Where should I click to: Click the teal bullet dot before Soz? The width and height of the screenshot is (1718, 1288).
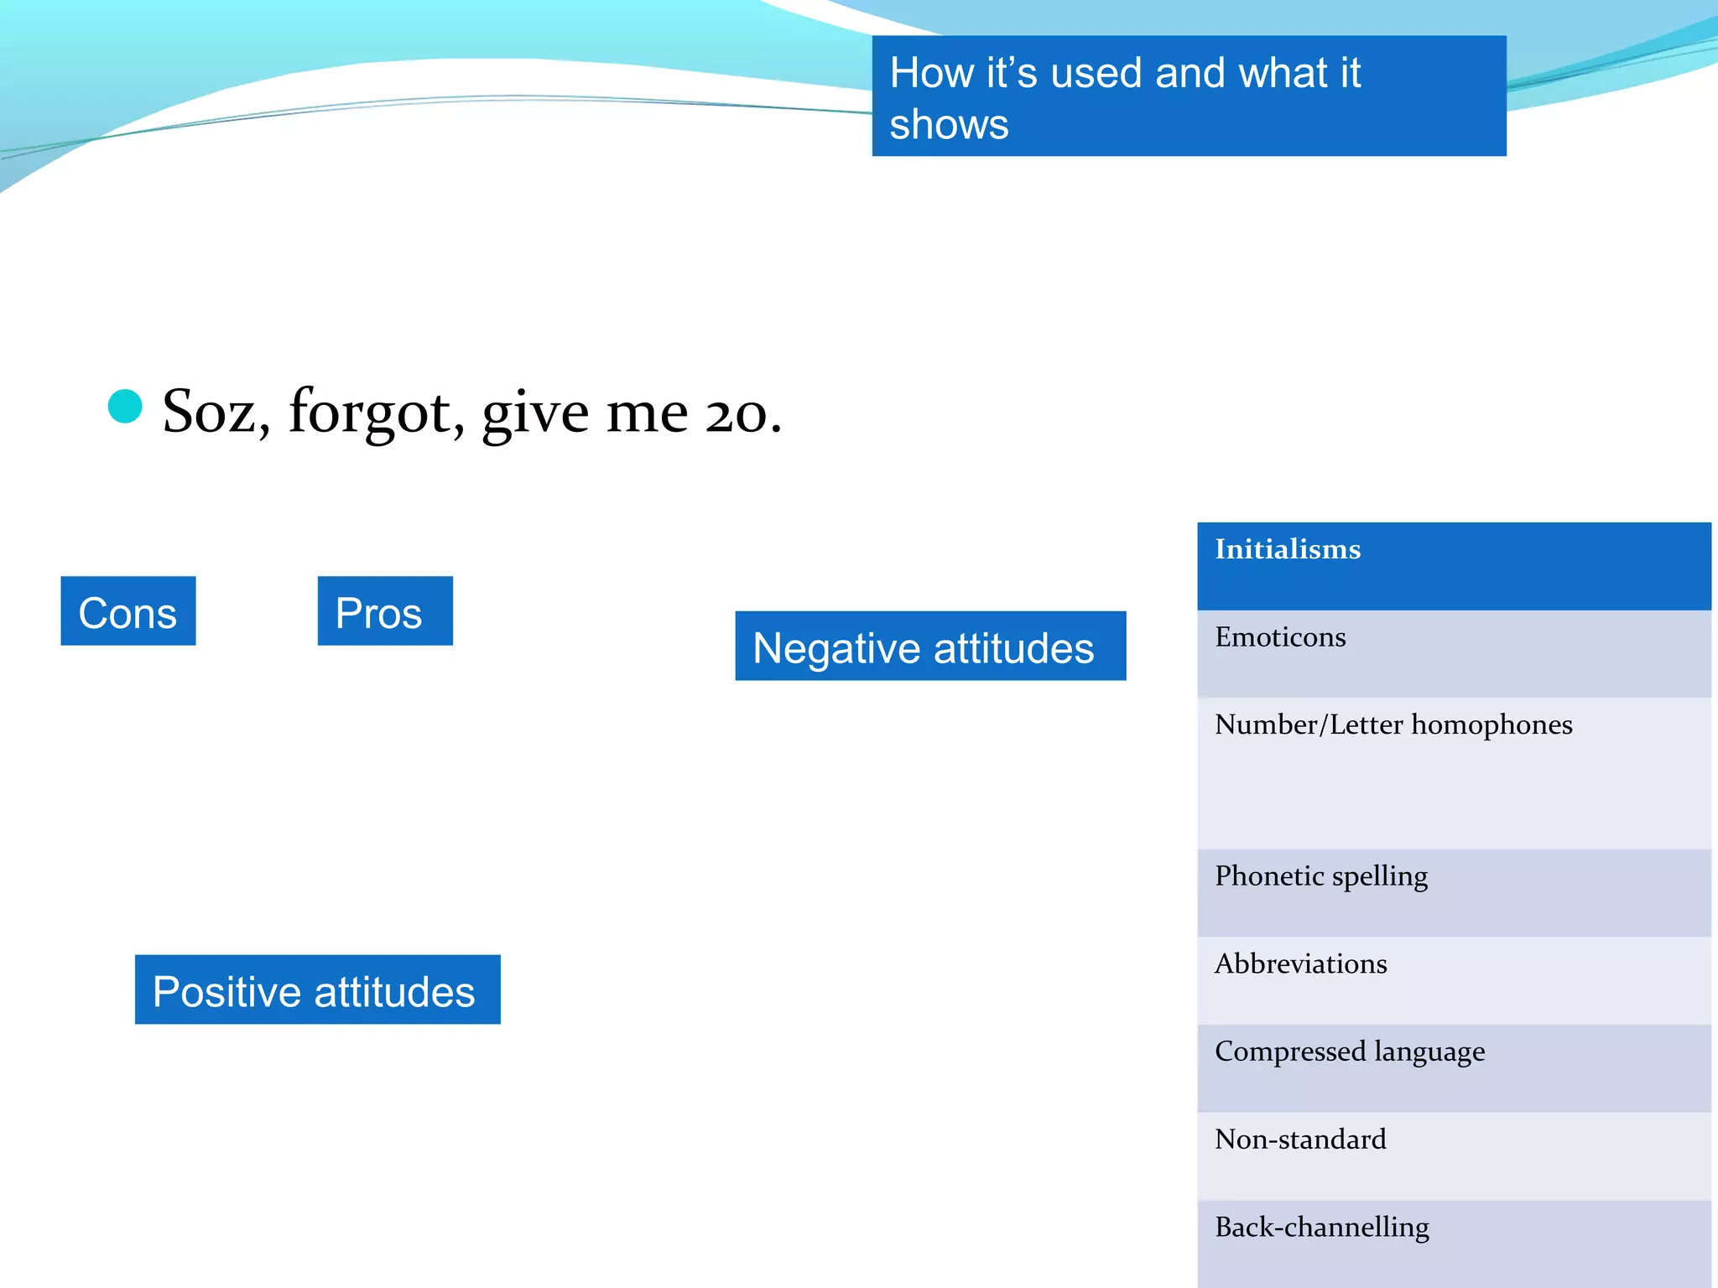[125, 407]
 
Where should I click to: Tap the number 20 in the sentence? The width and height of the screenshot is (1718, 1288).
[736, 413]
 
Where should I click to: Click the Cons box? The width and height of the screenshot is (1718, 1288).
[128, 611]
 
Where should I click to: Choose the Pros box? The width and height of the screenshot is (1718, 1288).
[385, 611]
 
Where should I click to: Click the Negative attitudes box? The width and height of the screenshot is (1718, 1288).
[930, 647]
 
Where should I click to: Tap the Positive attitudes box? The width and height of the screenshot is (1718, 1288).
[317, 990]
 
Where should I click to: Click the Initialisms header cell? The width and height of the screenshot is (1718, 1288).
[1454, 566]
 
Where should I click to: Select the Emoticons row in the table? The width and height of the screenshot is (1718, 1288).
[1454, 653]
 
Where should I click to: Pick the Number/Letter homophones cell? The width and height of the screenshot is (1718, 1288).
[1454, 772]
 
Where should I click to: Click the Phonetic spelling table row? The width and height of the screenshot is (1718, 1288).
[1454, 892]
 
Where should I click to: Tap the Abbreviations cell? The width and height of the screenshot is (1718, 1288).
[1454, 980]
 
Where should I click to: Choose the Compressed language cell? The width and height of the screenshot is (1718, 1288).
[1454, 1067]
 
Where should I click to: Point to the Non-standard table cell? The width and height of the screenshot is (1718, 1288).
[1454, 1156]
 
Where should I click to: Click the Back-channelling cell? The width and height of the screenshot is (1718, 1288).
[1454, 1243]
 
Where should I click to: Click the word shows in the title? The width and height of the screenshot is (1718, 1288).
[949, 125]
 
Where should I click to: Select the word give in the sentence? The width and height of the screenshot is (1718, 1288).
[535, 413]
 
